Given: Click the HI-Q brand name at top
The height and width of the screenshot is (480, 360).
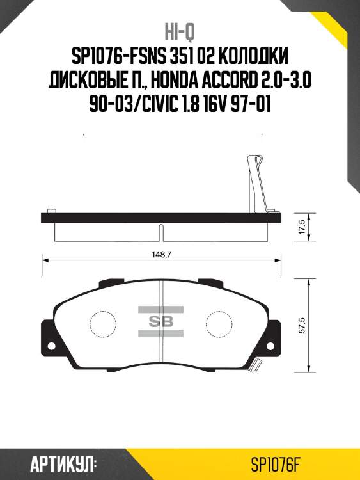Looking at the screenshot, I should click(180, 32).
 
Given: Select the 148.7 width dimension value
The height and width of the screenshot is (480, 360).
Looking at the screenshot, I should click(161, 253).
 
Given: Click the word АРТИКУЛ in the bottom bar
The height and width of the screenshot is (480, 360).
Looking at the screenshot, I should click(63, 463).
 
